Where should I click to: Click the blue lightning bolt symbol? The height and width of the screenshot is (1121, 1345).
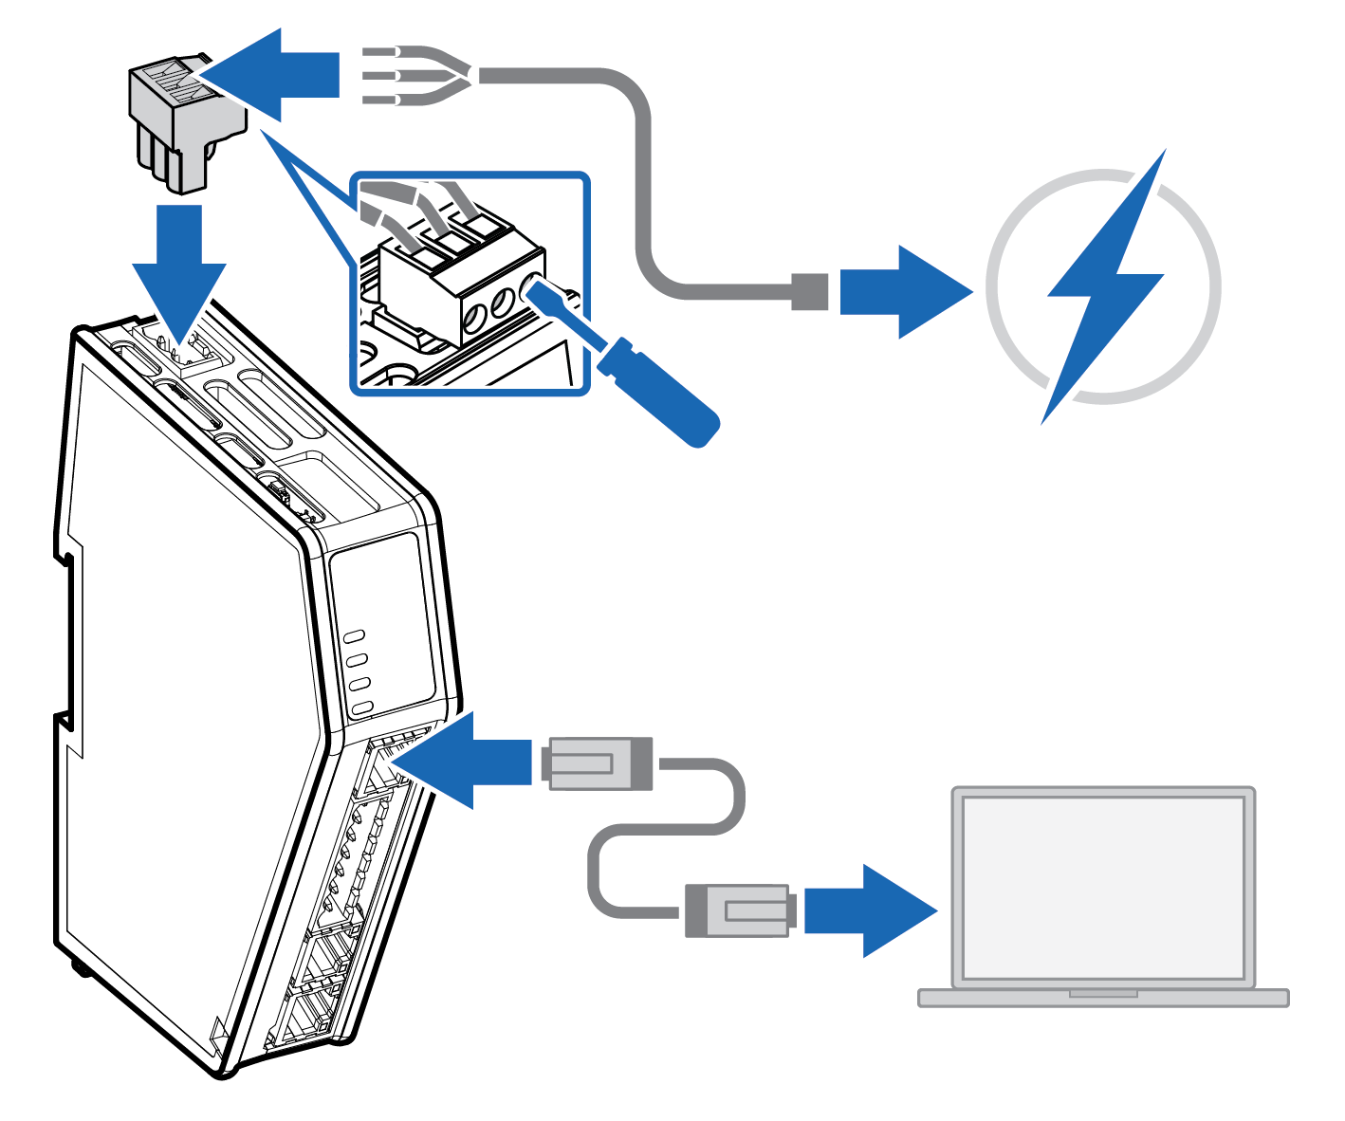(x=1105, y=285)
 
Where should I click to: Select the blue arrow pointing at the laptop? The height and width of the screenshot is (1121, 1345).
(x=868, y=910)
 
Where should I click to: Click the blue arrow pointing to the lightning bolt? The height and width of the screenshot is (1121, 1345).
(x=901, y=292)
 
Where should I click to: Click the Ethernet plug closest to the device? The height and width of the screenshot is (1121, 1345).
(x=598, y=763)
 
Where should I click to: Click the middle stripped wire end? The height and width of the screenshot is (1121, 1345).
(x=379, y=75)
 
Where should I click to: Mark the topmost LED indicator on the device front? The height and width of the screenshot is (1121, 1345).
(x=356, y=636)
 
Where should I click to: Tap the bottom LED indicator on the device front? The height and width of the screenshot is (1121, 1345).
(x=361, y=708)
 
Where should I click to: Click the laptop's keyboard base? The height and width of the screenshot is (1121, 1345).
(x=1103, y=998)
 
